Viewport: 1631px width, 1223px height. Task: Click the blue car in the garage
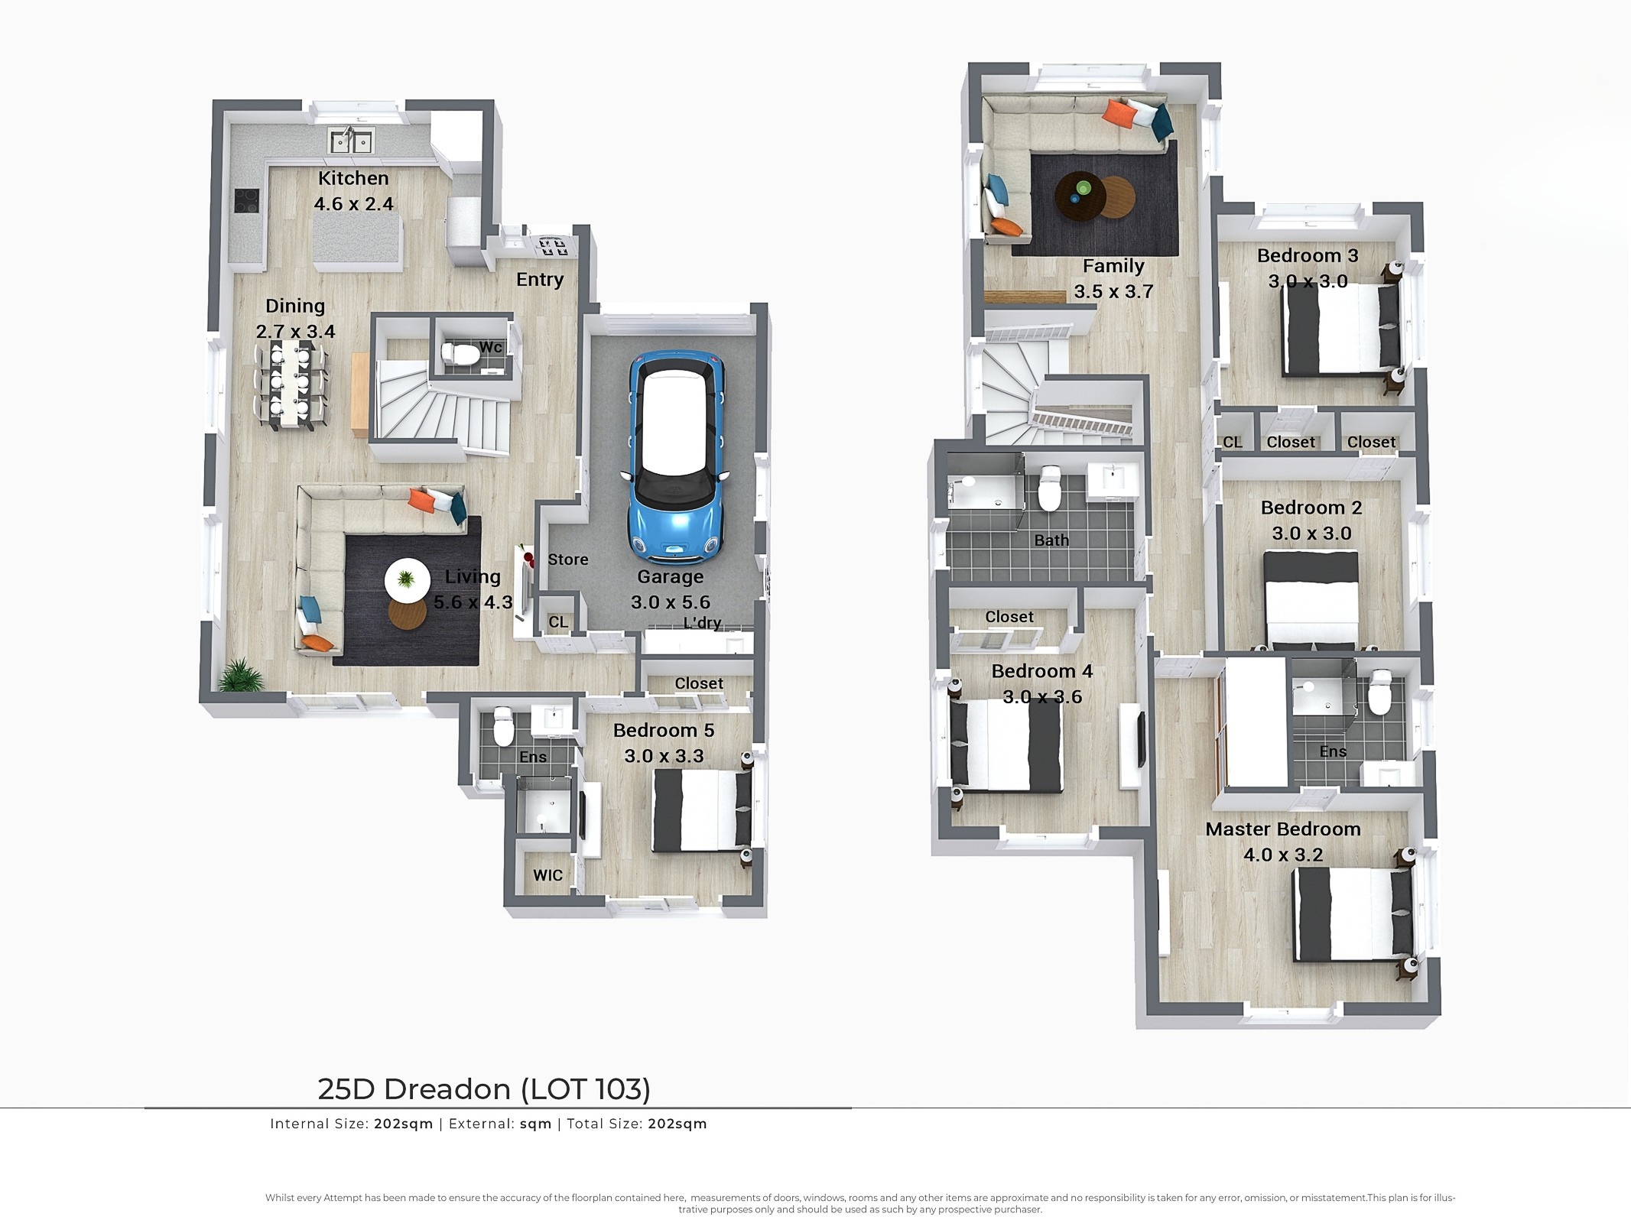tap(676, 456)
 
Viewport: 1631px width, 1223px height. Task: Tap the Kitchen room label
tap(353, 178)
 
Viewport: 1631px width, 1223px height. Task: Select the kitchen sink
tap(351, 141)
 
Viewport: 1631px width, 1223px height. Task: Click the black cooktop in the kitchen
tap(246, 200)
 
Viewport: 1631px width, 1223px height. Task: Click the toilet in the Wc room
tap(460, 354)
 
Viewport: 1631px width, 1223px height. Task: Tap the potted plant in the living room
tap(242, 675)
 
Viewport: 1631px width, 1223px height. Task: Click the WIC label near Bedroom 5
tap(547, 875)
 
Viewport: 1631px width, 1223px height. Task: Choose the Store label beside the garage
tap(568, 560)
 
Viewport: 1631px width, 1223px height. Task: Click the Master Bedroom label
tap(1283, 829)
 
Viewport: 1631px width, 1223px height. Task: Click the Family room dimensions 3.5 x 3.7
tap(1113, 291)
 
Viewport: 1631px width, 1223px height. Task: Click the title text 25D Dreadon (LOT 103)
tap(484, 1089)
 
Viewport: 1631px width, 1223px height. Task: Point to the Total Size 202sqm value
tap(677, 1124)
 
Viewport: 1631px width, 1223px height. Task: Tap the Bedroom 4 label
tap(1042, 671)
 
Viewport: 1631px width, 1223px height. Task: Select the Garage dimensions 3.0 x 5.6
tap(671, 602)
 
